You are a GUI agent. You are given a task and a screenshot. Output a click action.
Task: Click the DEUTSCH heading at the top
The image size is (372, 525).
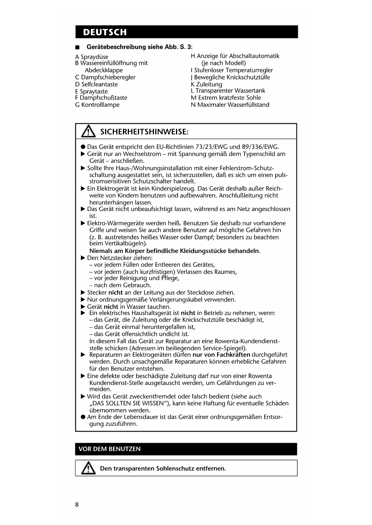pos(105,32)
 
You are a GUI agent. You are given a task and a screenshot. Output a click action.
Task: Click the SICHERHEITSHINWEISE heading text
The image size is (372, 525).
pos(144,132)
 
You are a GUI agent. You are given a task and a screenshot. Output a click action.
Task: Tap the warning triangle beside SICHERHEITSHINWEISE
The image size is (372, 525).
pos(88,131)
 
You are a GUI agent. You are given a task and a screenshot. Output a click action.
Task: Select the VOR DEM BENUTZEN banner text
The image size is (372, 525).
pos(109,449)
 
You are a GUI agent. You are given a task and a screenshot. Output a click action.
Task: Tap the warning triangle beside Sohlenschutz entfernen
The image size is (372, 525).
pos(88,468)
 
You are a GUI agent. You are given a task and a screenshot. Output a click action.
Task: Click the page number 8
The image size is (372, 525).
pos(77,505)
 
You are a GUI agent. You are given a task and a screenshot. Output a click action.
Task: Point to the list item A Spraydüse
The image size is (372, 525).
pos(92,57)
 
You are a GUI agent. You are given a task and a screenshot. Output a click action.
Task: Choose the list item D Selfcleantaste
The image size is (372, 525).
pos(97,84)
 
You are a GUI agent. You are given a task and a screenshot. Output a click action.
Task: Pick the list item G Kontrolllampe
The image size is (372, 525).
pos(97,105)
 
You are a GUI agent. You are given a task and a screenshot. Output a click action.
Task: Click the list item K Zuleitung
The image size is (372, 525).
pos(207,84)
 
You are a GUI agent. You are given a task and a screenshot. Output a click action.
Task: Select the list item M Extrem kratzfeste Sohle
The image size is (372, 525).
pos(226,98)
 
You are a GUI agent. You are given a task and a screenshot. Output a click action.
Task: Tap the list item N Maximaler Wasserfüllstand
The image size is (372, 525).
pos(230,105)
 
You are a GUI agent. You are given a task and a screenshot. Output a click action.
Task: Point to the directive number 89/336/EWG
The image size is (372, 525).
pos(260,147)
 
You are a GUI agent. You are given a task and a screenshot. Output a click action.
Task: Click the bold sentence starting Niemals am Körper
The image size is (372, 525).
pos(175,251)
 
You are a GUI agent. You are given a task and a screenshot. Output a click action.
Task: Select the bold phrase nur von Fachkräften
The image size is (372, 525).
pos(221,355)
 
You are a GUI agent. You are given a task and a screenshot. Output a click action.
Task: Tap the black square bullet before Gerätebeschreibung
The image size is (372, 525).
pos(77,47)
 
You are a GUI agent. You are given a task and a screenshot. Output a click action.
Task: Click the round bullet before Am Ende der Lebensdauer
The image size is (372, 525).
pos(83,417)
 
